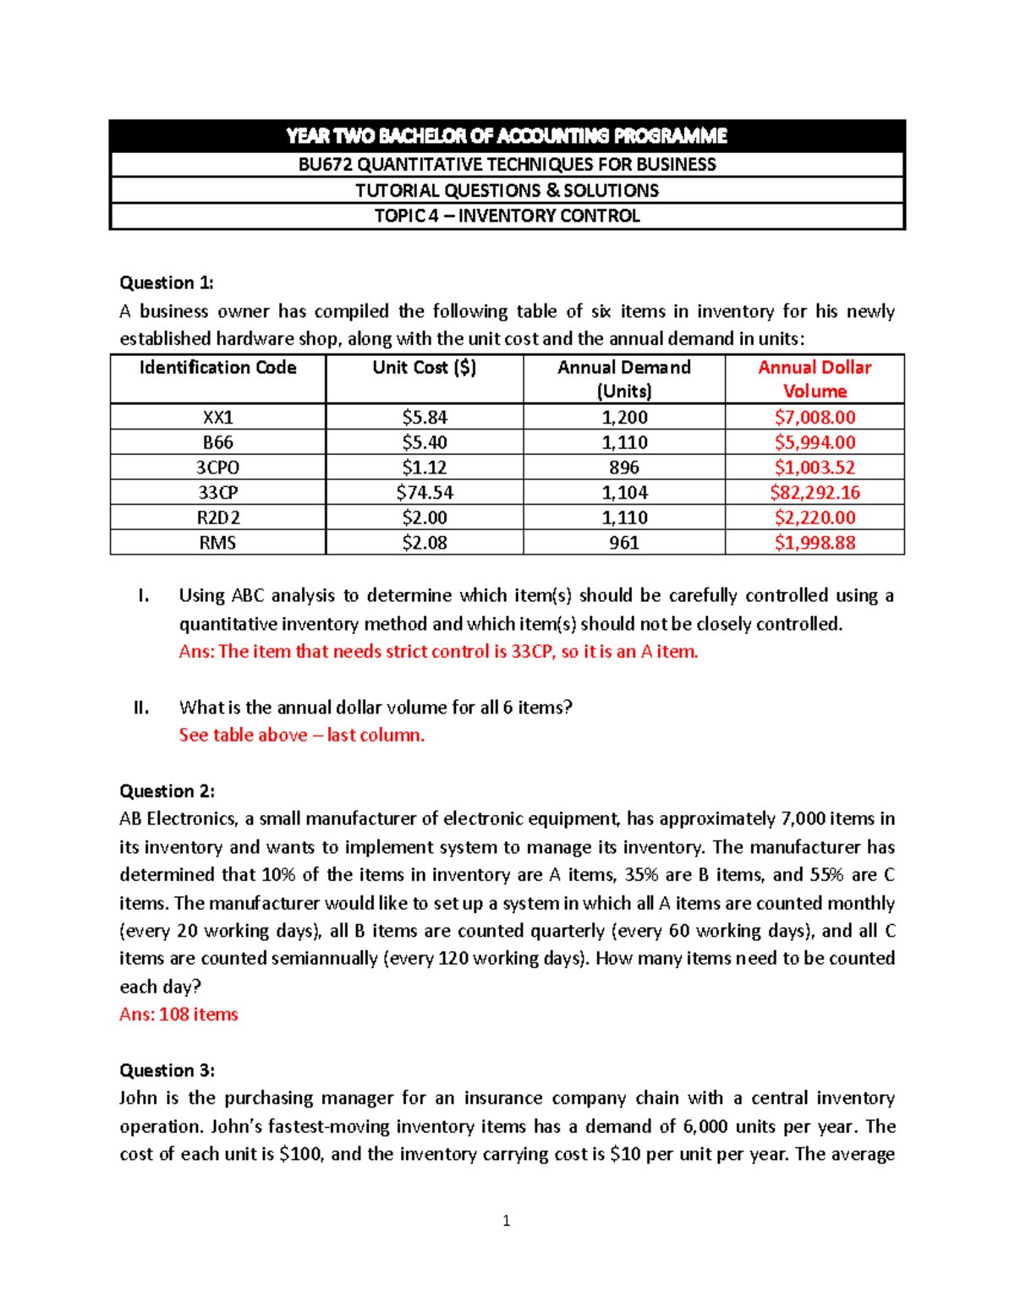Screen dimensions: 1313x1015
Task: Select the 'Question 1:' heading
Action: (167, 282)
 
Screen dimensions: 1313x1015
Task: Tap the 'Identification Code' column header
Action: (217, 368)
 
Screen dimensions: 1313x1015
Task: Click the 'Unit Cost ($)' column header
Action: (424, 368)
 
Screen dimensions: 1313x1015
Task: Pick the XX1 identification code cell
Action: (217, 417)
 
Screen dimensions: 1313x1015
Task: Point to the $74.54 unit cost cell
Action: (424, 492)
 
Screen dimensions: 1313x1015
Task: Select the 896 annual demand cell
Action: (623, 468)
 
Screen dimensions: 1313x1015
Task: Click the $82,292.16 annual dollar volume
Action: (815, 492)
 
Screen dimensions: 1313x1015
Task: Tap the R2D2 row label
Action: (217, 517)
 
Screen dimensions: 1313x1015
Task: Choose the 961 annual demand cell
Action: (623, 543)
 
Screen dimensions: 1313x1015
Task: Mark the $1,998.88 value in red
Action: (815, 543)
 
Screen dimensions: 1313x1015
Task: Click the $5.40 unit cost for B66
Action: (424, 442)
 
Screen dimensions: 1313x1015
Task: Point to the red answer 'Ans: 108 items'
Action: (178, 1015)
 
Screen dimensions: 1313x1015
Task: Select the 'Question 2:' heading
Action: (167, 791)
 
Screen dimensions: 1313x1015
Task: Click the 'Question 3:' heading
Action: (167, 1070)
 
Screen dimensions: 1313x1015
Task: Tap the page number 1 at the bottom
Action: (506, 1221)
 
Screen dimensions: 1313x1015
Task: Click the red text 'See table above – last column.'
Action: (301, 736)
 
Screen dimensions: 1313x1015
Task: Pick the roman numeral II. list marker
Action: (141, 708)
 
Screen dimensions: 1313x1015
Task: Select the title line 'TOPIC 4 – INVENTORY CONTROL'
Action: (507, 216)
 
